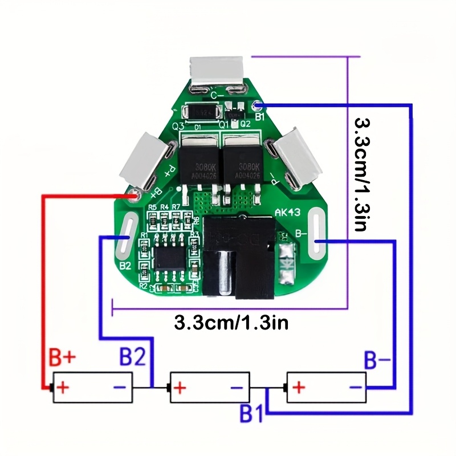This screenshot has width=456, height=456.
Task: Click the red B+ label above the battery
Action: [x=62, y=358]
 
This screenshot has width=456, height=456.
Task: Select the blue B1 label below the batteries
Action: [x=251, y=414]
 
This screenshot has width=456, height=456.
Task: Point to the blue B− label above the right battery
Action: [x=378, y=360]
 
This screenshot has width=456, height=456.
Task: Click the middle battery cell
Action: [x=210, y=388]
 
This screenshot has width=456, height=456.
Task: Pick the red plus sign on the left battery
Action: [x=63, y=388]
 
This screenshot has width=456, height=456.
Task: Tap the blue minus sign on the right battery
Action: [x=356, y=388]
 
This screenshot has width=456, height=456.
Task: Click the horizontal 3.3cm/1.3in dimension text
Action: [x=231, y=323]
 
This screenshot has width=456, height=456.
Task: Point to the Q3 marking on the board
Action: [x=177, y=125]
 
